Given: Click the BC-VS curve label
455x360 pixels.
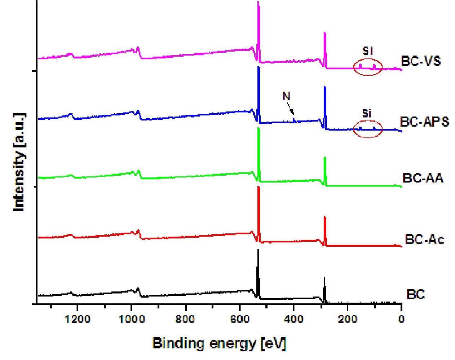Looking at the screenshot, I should click(421, 61).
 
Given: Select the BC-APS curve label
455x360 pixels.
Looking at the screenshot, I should click(424, 122).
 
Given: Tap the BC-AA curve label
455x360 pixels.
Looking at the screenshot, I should click(422, 178).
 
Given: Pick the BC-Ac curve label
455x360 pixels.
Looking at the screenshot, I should click(424, 239).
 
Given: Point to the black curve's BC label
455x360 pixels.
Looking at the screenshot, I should click(415, 294).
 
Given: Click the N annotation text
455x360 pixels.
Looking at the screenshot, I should click(286, 96).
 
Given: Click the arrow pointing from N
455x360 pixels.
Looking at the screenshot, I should click(291, 108).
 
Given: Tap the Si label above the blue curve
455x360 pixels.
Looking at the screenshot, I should click(366, 114).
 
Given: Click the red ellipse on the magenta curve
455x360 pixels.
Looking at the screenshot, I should click(367, 67).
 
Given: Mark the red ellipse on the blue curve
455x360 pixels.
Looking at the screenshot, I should click(367, 129).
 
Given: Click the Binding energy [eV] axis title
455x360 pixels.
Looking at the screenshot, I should click(219, 343).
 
